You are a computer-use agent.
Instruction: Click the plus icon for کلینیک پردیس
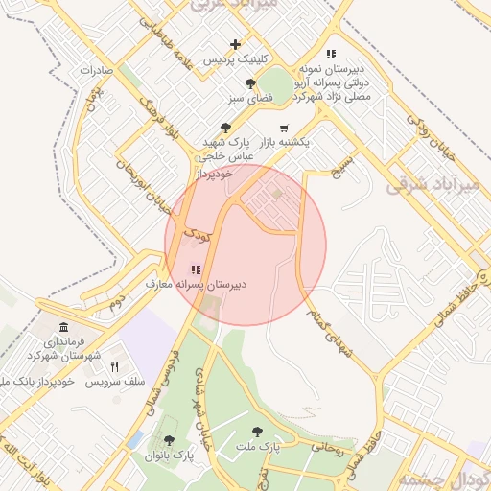click(236, 44)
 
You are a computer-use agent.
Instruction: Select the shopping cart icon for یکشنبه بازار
click(283, 128)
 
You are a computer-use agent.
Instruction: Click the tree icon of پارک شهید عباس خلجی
click(225, 127)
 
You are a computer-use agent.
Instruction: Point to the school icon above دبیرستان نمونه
click(331, 54)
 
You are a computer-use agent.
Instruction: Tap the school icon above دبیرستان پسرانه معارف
click(196, 270)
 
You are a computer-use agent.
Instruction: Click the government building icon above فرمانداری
click(63, 327)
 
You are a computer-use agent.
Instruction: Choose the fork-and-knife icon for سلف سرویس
click(115, 366)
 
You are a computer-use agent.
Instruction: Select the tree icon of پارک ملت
click(256, 433)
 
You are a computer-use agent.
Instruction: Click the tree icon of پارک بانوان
click(170, 440)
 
